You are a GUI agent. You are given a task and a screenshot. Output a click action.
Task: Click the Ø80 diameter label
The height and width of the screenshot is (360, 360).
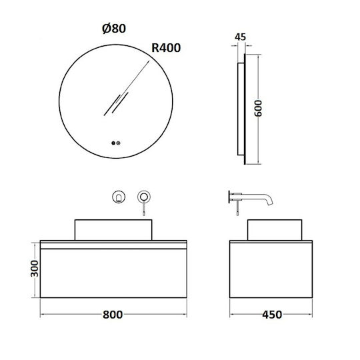point(114,29)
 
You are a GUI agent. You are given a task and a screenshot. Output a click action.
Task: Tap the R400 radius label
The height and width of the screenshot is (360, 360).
point(166,48)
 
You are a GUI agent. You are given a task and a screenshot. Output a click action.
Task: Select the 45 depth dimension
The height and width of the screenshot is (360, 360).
point(241,37)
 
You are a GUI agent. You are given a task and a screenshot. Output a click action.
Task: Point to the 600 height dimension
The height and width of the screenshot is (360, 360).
point(258,108)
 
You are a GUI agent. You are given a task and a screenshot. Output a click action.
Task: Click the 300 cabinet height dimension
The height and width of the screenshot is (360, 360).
point(35,269)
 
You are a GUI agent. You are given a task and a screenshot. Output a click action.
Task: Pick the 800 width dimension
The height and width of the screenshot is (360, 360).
point(113,315)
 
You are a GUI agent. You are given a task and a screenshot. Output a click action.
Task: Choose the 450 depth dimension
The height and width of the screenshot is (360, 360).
point(272,315)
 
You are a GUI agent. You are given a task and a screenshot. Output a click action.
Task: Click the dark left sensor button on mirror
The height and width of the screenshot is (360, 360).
point(113,143)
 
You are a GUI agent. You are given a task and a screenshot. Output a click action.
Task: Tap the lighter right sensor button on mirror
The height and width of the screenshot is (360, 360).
point(118,143)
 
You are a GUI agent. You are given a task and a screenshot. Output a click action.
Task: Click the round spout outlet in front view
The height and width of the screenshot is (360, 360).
point(119,197)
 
